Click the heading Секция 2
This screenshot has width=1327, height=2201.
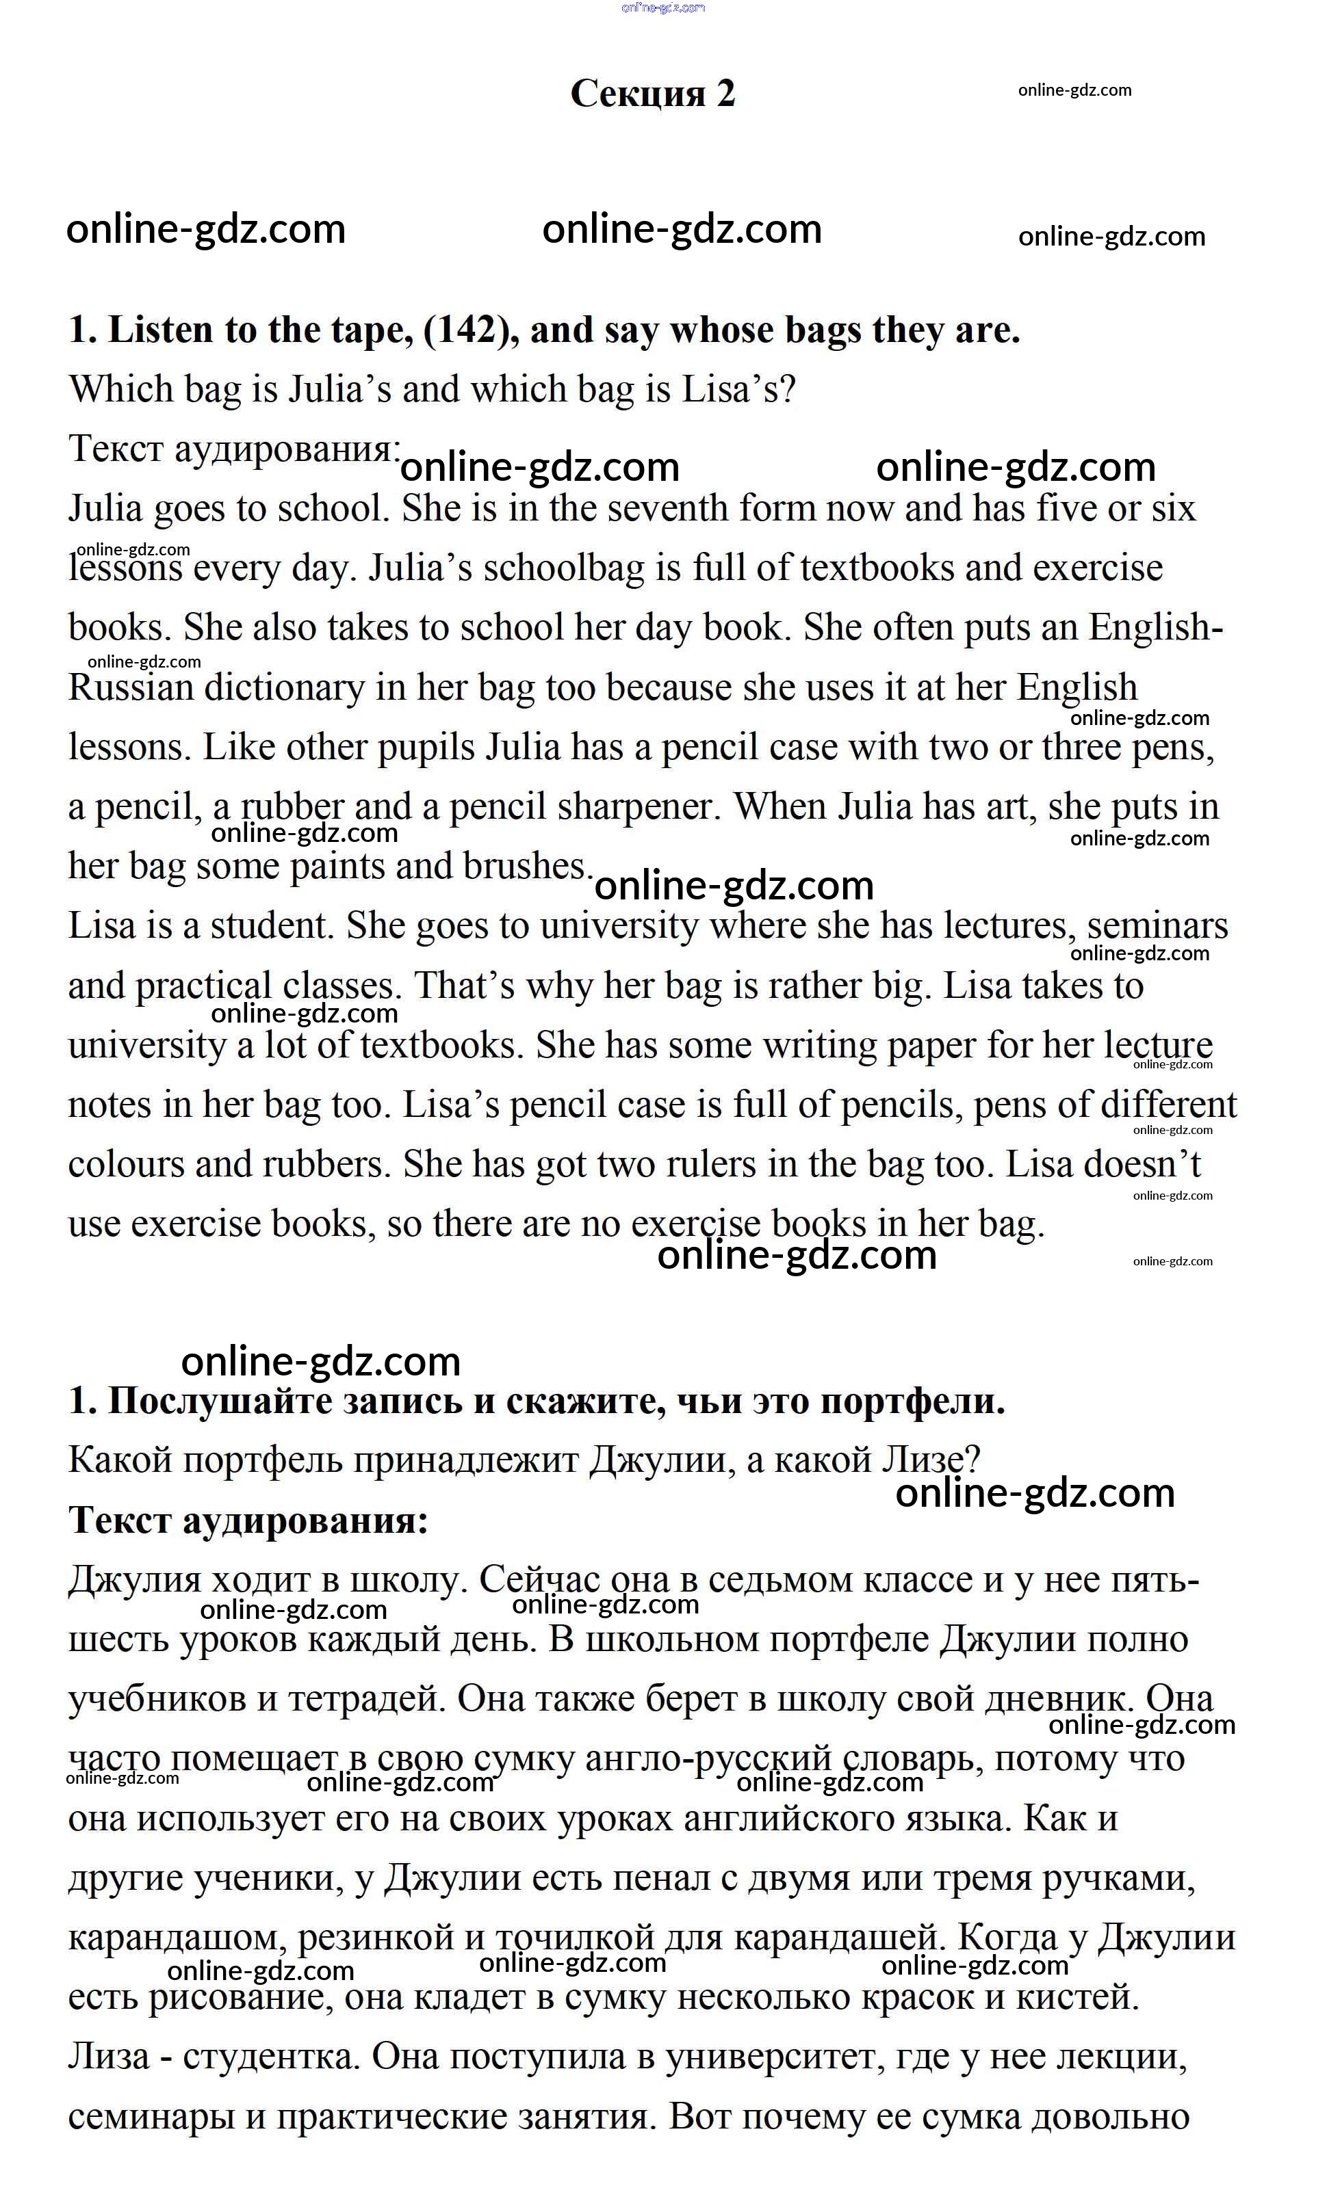(652, 93)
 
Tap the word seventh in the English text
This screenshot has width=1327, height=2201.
(655, 508)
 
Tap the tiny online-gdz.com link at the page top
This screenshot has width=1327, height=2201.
(663, 8)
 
